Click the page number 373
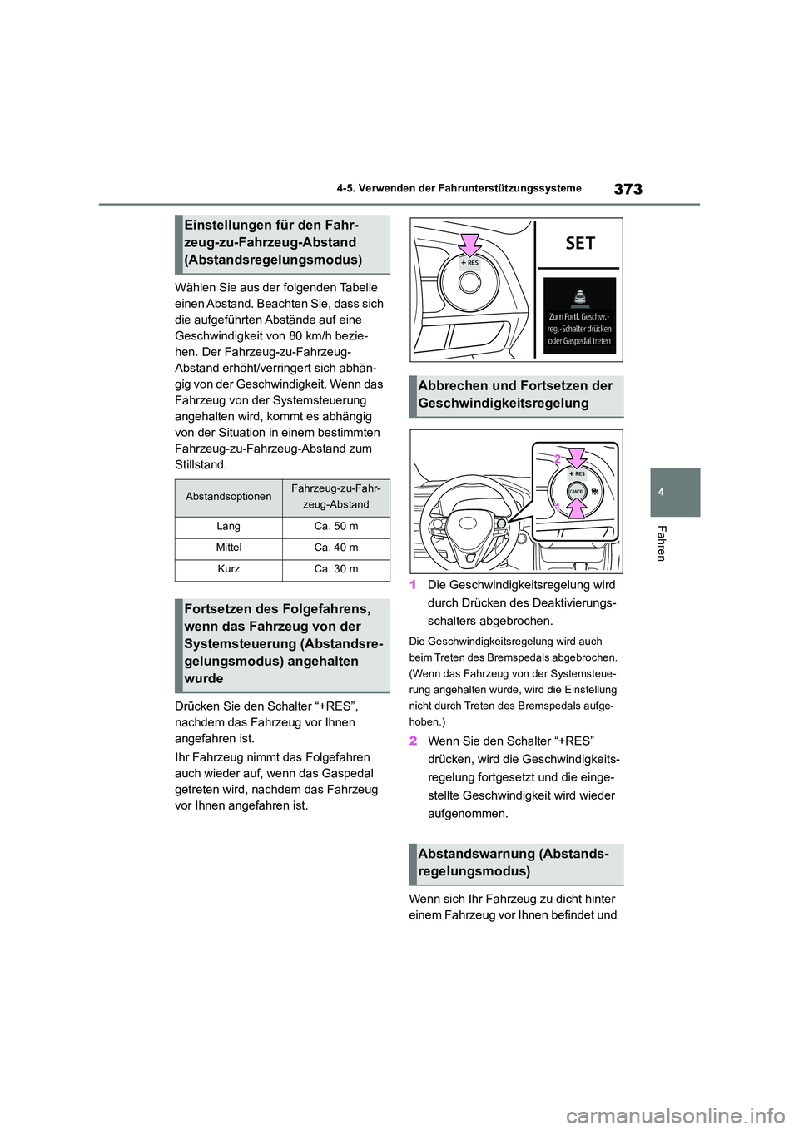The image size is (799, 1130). (628, 189)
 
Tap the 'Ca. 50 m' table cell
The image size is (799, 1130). (336, 527)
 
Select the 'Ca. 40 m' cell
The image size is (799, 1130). (336, 548)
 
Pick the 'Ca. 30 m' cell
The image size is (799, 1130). (336, 570)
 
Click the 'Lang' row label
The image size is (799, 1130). (228, 527)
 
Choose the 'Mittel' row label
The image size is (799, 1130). (228, 548)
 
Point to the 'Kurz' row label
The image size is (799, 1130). (228, 570)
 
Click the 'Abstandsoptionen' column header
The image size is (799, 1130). (228, 497)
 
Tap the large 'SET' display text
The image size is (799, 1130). (580, 243)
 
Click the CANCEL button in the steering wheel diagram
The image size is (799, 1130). (576, 492)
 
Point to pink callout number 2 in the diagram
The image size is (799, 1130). (558, 458)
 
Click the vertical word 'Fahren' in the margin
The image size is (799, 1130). (662, 543)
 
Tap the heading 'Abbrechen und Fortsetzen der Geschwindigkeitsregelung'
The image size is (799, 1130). (516, 394)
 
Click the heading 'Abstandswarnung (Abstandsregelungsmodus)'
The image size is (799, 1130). (516, 863)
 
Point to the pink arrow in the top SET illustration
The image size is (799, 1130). (471, 245)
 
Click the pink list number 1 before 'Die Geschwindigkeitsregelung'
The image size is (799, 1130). (413, 585)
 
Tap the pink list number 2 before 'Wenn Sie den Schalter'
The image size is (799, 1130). (413, 741)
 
